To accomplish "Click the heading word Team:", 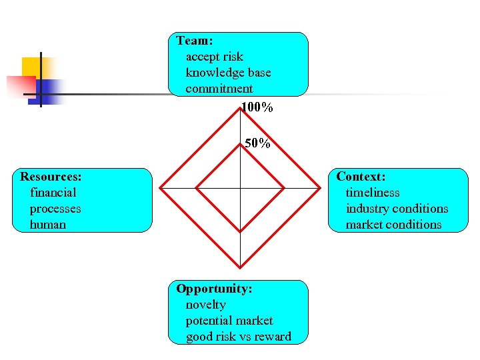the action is (x=195, y=41).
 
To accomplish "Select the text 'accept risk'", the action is (x=215, y=57).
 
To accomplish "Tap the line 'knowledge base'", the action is (x=228, y=73).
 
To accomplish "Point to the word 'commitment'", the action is (x=219, y=89).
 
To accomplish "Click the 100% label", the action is (x=257, y=107).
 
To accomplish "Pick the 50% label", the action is (x=257, y=143).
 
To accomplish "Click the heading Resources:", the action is (x=51, y=177).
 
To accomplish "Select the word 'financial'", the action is (x=53, y=193).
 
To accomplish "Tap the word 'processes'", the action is (x=55, y=209).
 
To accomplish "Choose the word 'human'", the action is (x=48, y=225).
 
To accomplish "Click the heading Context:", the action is (x=361, y=177).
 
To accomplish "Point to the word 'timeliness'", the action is (x=373, y=193).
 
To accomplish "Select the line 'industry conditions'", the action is (x=397, y=209).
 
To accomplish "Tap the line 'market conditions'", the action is (x=393, y=225).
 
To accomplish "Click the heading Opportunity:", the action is (x=214, y=289).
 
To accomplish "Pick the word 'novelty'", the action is (x=206, y=305).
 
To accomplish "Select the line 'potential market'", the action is (x=229, y=321).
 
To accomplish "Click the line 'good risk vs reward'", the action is (x=239, y=337).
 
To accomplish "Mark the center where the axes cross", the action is (x=241, y=189).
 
